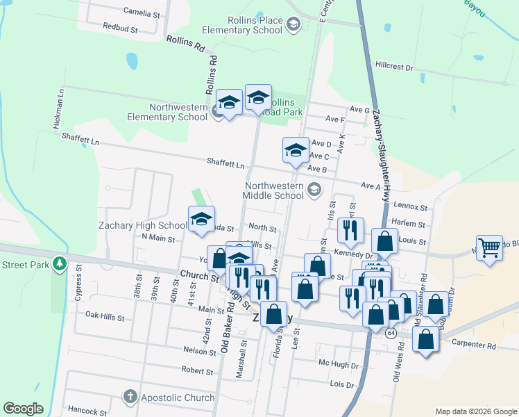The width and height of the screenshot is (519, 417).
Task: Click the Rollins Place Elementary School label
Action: [x=242, y=25]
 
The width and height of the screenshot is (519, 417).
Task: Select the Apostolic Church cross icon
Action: [x=130, y=398]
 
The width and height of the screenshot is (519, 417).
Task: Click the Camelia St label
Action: [x=141, y=13]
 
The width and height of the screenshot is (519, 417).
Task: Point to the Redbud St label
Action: [x=121, y=30]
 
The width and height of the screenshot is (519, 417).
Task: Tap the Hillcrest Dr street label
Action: [x=393, y=68]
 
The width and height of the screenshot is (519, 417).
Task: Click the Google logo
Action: [x=22, y=409]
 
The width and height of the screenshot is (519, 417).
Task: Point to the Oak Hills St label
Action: [x=104, y=317]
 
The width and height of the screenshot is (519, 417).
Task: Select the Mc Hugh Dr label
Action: [x=339, y=365]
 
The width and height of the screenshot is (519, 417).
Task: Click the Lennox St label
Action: [x=409, y=207]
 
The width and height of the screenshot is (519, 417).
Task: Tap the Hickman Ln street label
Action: [x=60, y=108]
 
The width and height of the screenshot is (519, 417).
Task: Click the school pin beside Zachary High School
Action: [x=201, y=219]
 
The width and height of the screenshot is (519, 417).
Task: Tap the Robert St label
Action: [x=196, y=370]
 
